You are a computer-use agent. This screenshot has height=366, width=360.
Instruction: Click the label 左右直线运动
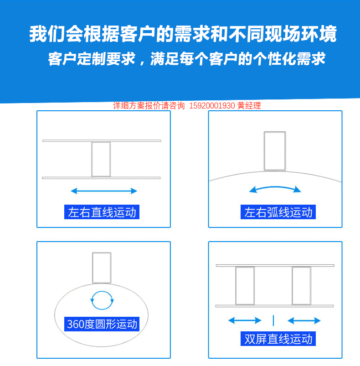tap(102, 212)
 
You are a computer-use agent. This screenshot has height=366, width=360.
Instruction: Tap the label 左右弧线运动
tap(278, 212)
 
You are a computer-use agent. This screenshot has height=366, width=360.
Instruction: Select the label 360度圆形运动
tap(102, 324)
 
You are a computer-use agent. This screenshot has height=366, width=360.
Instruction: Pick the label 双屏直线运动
tap(278, 339)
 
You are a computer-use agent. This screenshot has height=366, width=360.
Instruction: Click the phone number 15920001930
tap(211, 106)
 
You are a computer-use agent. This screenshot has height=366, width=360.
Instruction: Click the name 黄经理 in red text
tap(249, 106)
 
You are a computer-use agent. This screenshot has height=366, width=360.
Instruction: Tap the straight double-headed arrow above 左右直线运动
tap(104, 191)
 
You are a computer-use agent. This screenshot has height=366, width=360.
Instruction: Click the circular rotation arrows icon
tap(102, 299)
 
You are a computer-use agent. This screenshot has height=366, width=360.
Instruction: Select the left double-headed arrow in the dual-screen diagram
tap(245, 320)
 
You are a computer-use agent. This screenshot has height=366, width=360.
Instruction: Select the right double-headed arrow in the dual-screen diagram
tap(304, 320)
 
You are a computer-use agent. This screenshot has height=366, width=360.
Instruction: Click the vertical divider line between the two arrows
tap(273, 320)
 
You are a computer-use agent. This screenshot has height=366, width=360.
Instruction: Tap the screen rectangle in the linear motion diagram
tap(101, 159)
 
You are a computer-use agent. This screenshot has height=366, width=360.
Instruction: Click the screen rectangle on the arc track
tap(275, 151)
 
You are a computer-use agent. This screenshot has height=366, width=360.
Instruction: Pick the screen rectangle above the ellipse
tap(102, 267)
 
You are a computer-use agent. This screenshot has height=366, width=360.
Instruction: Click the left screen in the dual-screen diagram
tap(245, 285)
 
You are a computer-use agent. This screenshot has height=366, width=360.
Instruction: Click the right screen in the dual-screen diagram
tap(301, 285)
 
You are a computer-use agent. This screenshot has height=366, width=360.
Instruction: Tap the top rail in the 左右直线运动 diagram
tap(102, 140)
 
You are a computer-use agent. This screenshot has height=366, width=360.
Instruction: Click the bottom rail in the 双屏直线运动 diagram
tap(275, 305)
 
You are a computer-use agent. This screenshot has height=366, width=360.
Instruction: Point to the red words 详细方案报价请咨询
tap(149, 106)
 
